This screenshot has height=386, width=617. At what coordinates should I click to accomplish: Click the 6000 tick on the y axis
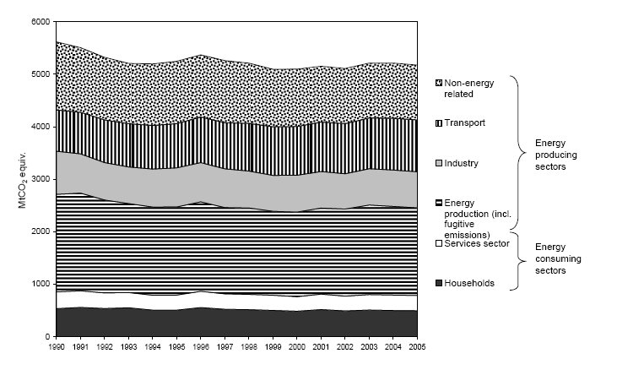[41, 21]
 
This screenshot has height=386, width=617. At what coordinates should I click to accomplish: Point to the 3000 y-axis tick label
[41, 179]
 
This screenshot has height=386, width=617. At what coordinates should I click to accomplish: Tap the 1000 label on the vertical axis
[41, 284]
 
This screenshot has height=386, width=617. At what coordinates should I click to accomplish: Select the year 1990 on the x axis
[56, 346]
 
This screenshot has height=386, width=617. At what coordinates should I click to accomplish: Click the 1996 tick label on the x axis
[200, 346]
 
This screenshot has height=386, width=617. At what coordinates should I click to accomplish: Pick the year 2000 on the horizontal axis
[296, 346]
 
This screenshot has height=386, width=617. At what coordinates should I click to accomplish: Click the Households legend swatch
[437, 283]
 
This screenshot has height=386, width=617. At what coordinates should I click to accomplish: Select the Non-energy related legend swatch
[437, 83]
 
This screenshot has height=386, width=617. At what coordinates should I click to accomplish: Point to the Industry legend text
[463, 163]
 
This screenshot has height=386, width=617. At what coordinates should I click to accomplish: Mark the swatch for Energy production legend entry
[437, 203]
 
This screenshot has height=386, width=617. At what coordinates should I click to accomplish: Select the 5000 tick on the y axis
[41, 73]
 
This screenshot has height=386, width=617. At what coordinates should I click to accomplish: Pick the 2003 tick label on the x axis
[369, 346]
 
